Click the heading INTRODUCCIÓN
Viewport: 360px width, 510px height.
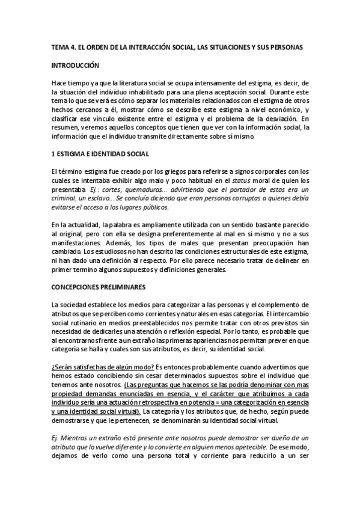tap(75, 65)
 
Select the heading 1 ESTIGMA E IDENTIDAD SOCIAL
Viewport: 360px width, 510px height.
tap(96, 154)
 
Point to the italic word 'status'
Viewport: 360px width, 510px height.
tap(227, 181)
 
